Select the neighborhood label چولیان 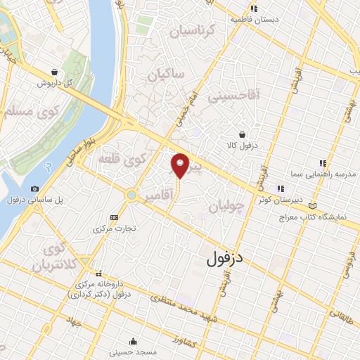pyautogui.click(x=226, y=207)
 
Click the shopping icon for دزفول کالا pyautogui.click(x=242, y=134)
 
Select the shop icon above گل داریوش pyautogui.click(x=55, y=72)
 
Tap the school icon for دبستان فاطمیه pyautogui.click(x=255, y=8)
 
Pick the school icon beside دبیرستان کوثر pyautogui.click(x=280, y=188)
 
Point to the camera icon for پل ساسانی pyautogui.click(x=35, y=188)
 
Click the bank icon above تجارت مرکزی pyautogui.click(x=115, y=218)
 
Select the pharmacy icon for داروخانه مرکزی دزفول pyautogui.click(x=98, y=274)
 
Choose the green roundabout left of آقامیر pyautogui.click(x=131, y=195)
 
